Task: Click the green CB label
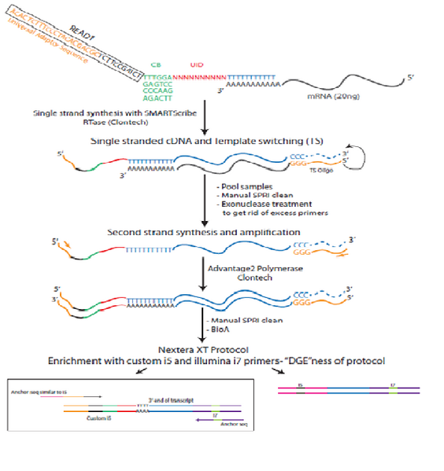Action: point(154,64)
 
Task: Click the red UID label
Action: point(197,64)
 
